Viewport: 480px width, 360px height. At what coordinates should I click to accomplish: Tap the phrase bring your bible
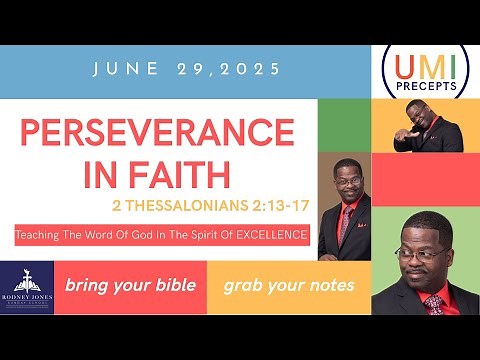click(129, 285)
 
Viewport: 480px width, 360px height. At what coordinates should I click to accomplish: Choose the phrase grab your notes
click(288, 285)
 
